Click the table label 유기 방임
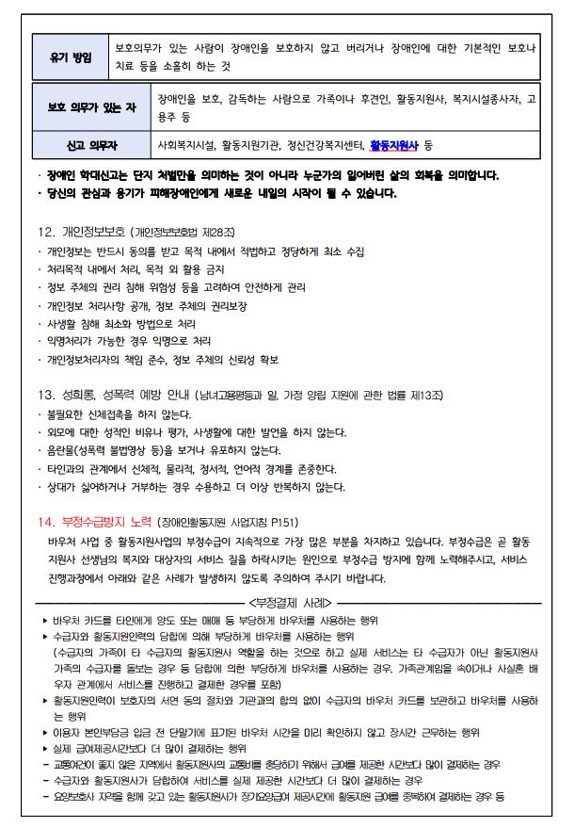click(72, 58)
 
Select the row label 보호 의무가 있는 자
click(91, 108)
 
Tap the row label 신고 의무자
click(91, 146)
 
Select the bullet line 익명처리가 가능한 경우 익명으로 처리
click(130, 340)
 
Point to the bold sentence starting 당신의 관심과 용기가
click(221, 194)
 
